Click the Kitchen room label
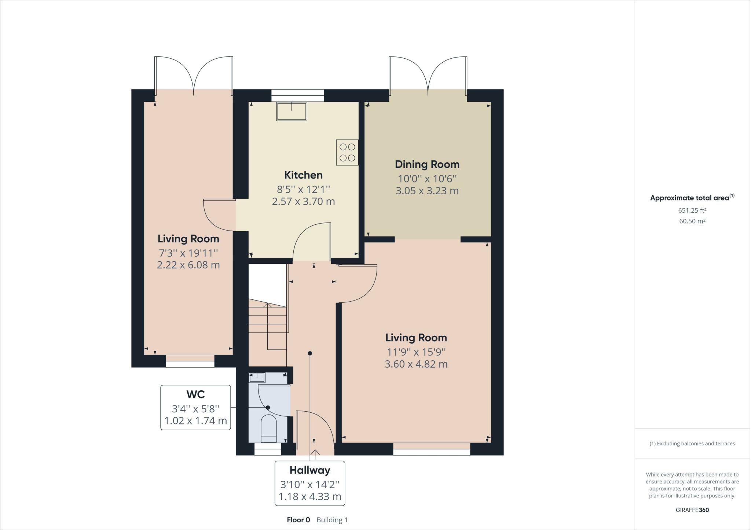coord(303,175)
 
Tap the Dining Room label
coord(427,164)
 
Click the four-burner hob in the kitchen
coord(347,152)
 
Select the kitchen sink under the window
coord(292,111)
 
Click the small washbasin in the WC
coord(257,378)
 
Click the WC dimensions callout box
coord(195,407)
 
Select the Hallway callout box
coord(310,483)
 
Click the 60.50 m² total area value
coord(692,221)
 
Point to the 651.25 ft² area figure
coord(692,210)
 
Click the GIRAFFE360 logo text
coord(692,510)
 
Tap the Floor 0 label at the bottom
coord(298,520)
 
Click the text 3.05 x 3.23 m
coord(427,191)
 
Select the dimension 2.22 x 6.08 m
coord(188,265)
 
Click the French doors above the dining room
coord(428,75)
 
